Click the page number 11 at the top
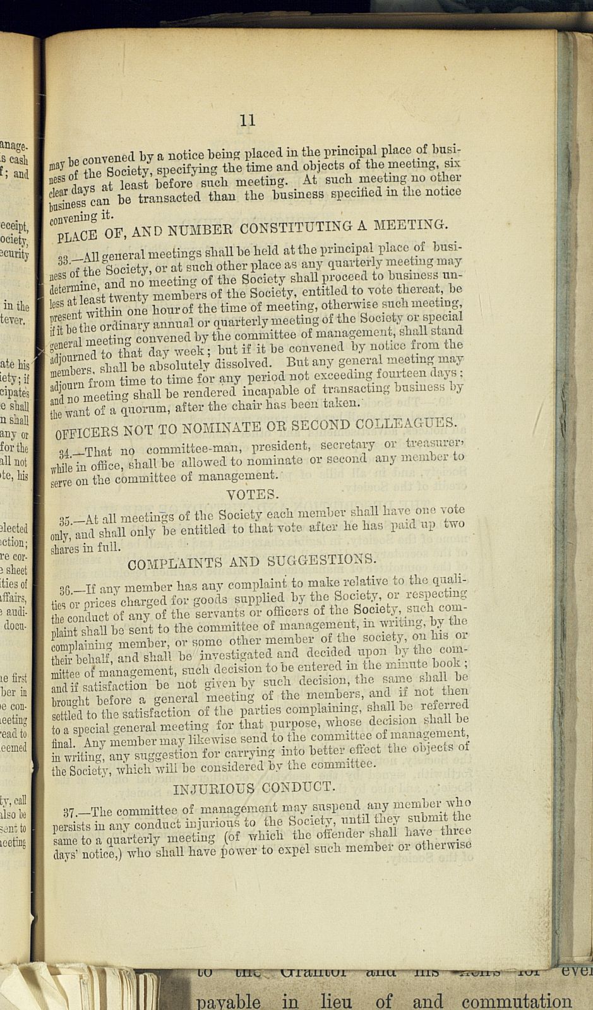point(248,120)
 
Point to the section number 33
point(64,259)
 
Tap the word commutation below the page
point(517,1001)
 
